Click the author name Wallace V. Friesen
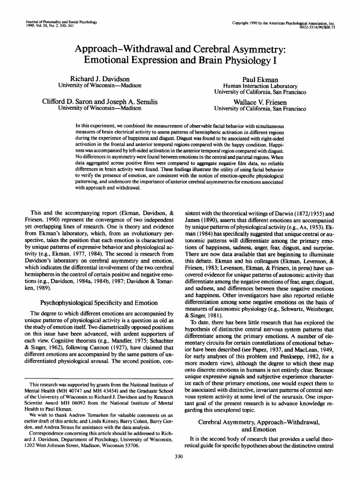260,101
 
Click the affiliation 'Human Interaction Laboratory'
260,86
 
